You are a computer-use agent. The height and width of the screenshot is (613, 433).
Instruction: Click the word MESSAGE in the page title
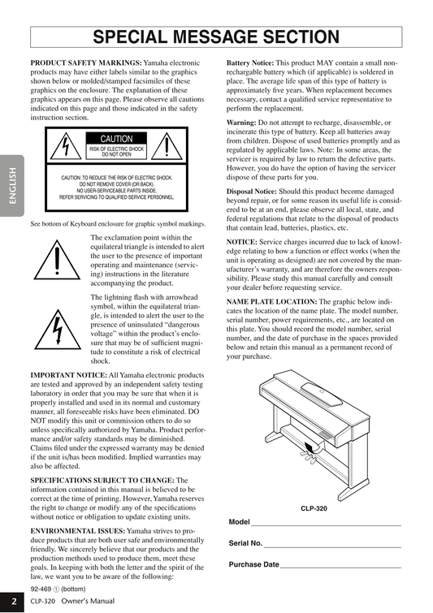pyautogui.click(x=216, y=37)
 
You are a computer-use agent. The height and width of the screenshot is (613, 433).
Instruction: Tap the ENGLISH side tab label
pyautogui.click(x=12, y=186)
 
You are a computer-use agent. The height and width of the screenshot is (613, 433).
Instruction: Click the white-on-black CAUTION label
pyautogui.click(x=116, y=139)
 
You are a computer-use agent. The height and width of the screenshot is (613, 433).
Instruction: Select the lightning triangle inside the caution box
pyautogui.click(x=66, y=146)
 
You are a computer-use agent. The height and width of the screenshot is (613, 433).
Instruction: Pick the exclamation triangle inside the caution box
pyautogui.click(x=167, y=146)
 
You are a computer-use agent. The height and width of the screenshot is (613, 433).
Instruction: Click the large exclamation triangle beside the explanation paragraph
pyautogui.click(x=57, y=260)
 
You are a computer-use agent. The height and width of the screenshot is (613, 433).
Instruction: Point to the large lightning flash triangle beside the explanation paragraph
pyautogui.click(x=58, y=330)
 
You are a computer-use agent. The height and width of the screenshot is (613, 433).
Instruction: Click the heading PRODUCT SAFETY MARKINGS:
pyautogui.click(x=86, y=63)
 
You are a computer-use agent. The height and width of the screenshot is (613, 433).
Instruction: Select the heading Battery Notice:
pyautogui.click(x=250, y=63)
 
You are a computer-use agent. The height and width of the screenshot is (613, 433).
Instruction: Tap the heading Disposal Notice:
pyautogui.click(x=252, y=191)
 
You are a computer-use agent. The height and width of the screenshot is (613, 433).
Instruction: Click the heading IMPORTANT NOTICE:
pyautogui.click(x=69, y=375)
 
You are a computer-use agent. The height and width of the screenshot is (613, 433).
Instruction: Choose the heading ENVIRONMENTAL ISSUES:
pyautogui.click(x=78, y=531)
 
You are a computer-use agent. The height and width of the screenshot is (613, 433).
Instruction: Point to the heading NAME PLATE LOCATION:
pyautogui.click(x=272, y=301)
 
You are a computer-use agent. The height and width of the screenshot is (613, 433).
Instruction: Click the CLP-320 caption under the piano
pyautogui.click(x=314, y=508)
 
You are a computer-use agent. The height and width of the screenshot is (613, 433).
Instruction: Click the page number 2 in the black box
pyautogui.click(x=14, y=602)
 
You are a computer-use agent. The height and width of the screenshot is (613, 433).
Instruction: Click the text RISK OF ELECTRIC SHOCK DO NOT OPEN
pyautogui.click(x=116, y=152)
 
